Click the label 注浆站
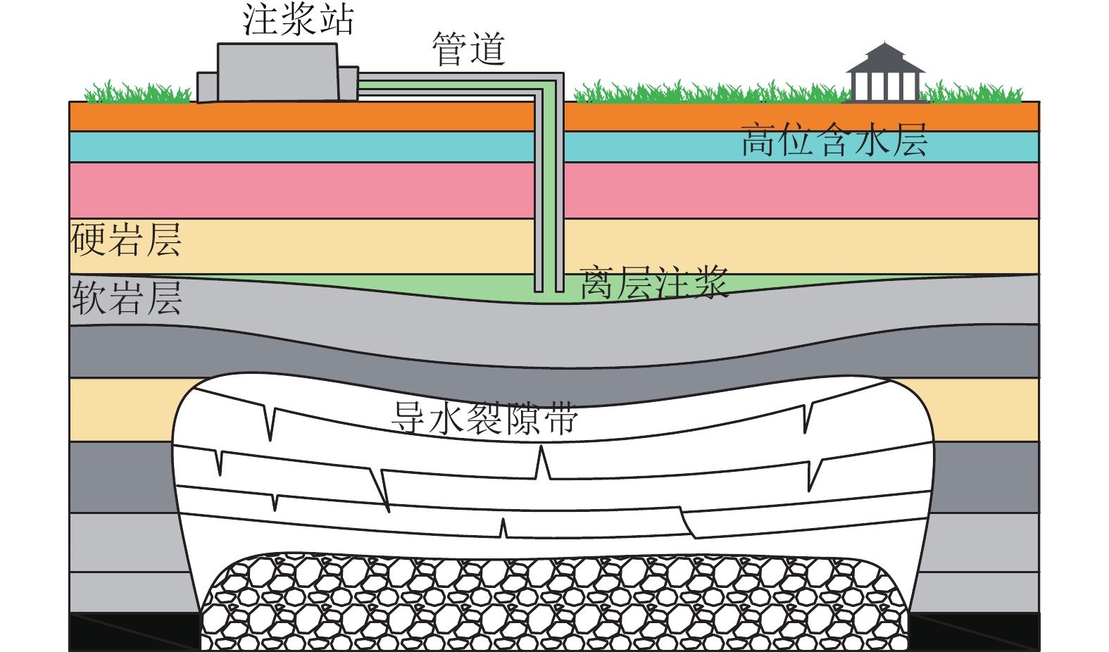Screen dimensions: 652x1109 (x=298, y=20)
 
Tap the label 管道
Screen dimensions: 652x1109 (x=468, y=49)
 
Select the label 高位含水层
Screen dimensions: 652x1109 (x=834, y=140)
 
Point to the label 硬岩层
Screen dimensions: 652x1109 (x=126, y=240)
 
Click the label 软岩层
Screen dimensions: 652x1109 (x=127, y=298)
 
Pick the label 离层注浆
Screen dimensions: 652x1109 (x=653, y=283)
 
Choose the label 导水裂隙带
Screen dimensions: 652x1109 (x=484, y=418)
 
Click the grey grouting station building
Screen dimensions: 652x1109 (x=277, y=72)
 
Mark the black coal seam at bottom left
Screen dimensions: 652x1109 (x=134, y=631)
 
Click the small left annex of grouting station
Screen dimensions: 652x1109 (x=206, y=87)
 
